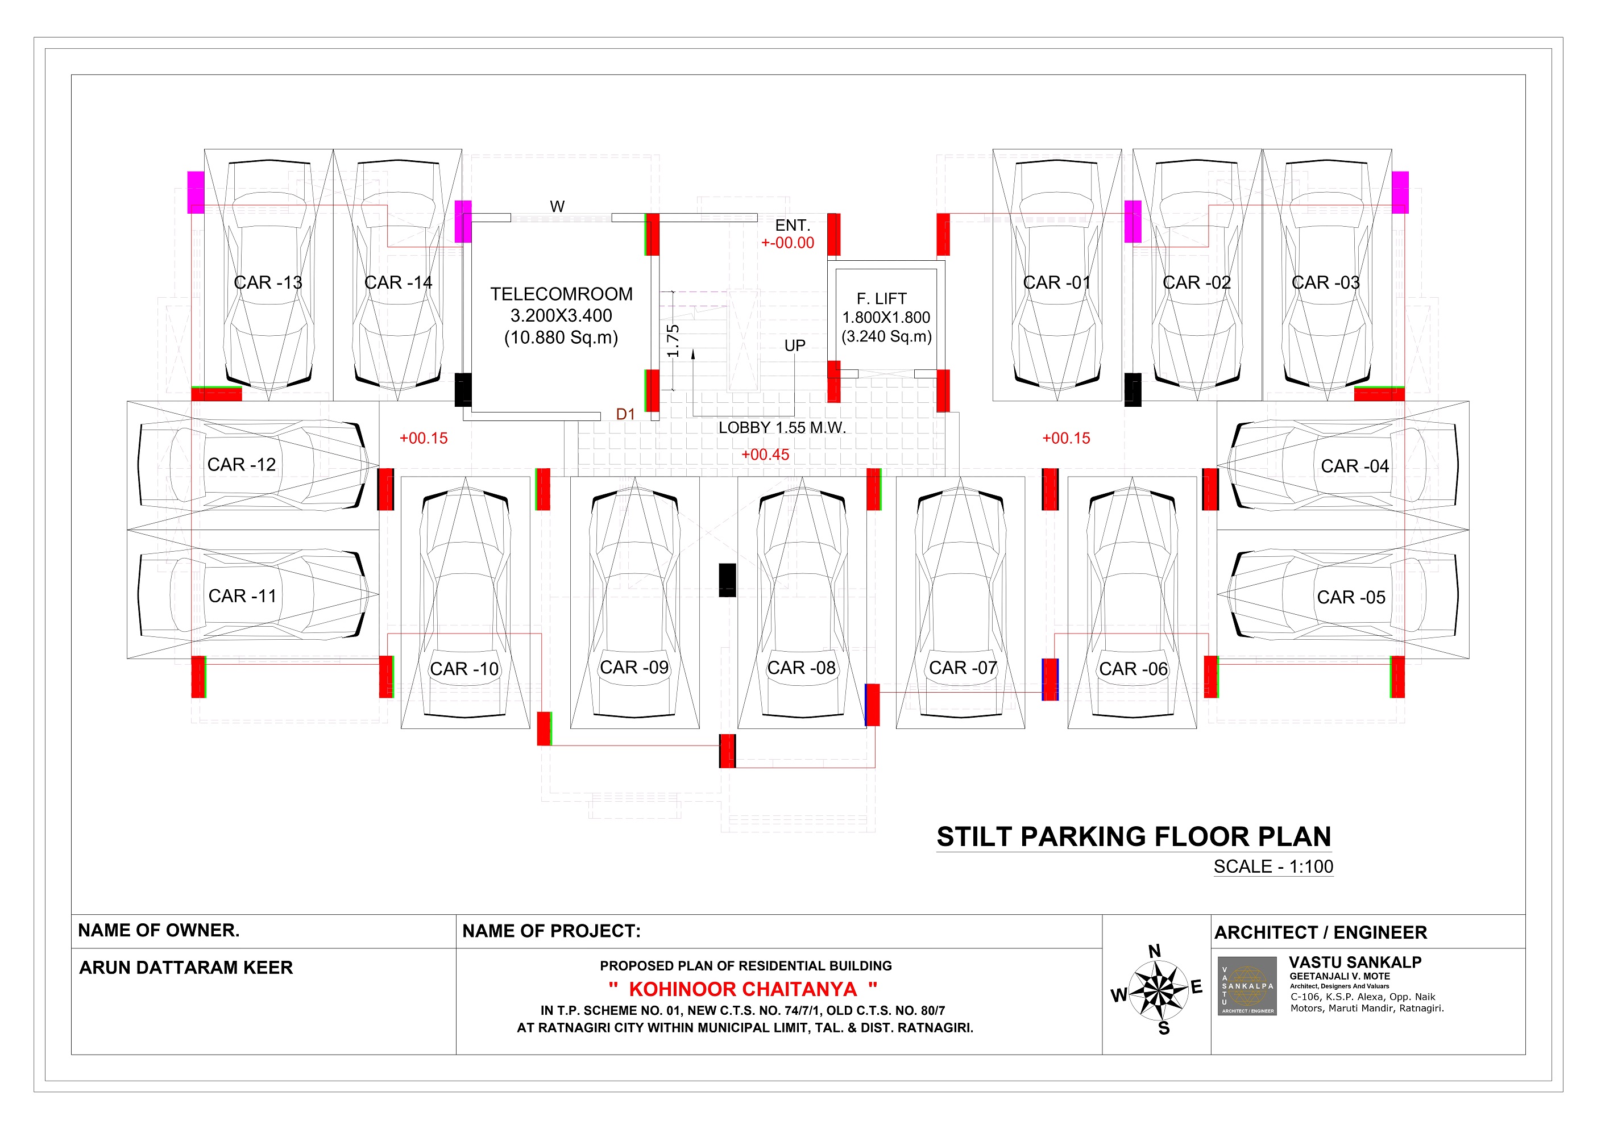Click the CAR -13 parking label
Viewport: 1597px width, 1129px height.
click(x=268, y=283)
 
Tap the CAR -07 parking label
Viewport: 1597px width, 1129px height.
click(x=963, y=668)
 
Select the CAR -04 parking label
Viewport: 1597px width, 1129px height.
click(x=1355, y=466)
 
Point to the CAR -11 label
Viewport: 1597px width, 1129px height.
click(x=242, y=597)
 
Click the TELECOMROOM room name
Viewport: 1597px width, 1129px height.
click(x=561, y=294)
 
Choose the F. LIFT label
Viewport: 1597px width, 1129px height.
click(x=881, y=299)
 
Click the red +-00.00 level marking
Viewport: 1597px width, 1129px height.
click(x=787, y=243)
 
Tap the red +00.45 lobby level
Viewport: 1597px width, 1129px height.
click(x=765, y=455)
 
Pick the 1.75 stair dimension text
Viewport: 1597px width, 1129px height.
click(x=673, y=341)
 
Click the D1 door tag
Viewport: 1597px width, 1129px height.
click(x=625, y=414)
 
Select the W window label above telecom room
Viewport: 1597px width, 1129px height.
click(x=557, y=206)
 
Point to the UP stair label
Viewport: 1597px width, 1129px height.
click(x=795, y=345)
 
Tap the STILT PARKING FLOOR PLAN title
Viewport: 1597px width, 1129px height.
click(x=1134, y=836)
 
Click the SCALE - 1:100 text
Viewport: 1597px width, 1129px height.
click(x=1274, y=867)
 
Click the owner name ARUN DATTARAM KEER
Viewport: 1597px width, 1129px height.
click(x=186, y=968)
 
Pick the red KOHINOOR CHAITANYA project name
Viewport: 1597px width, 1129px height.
click(x=743, y=989)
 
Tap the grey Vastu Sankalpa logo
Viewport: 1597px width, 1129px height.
click(x=1247, y=986)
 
